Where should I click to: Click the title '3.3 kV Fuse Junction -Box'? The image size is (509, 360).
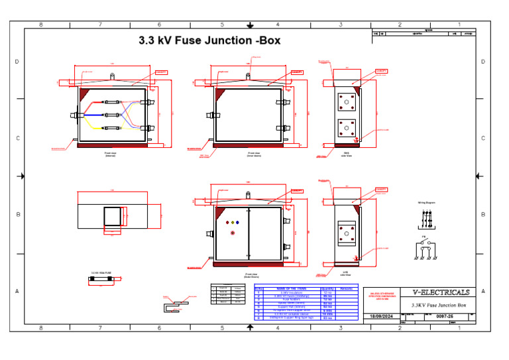click(x=209, y=40)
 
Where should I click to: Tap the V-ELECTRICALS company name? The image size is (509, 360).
click(x=441, y=292)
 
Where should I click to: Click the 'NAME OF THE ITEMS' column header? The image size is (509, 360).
click(x=292, y=289)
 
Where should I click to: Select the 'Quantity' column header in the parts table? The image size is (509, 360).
click(x=327, y=289)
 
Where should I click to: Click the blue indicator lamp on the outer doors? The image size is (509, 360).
click(x=237, y=223)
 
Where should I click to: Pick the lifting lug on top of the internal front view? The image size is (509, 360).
click(x=111, y=76)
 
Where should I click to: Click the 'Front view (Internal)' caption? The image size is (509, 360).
click(x=111, y=154)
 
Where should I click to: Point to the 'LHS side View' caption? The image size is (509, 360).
click(x=345, y=273)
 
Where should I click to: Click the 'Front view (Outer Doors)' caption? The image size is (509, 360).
click(x=251, y=275)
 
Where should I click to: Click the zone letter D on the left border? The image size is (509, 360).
click(x=17, y=62)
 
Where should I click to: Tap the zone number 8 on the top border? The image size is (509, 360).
click(x=41, y=25)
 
